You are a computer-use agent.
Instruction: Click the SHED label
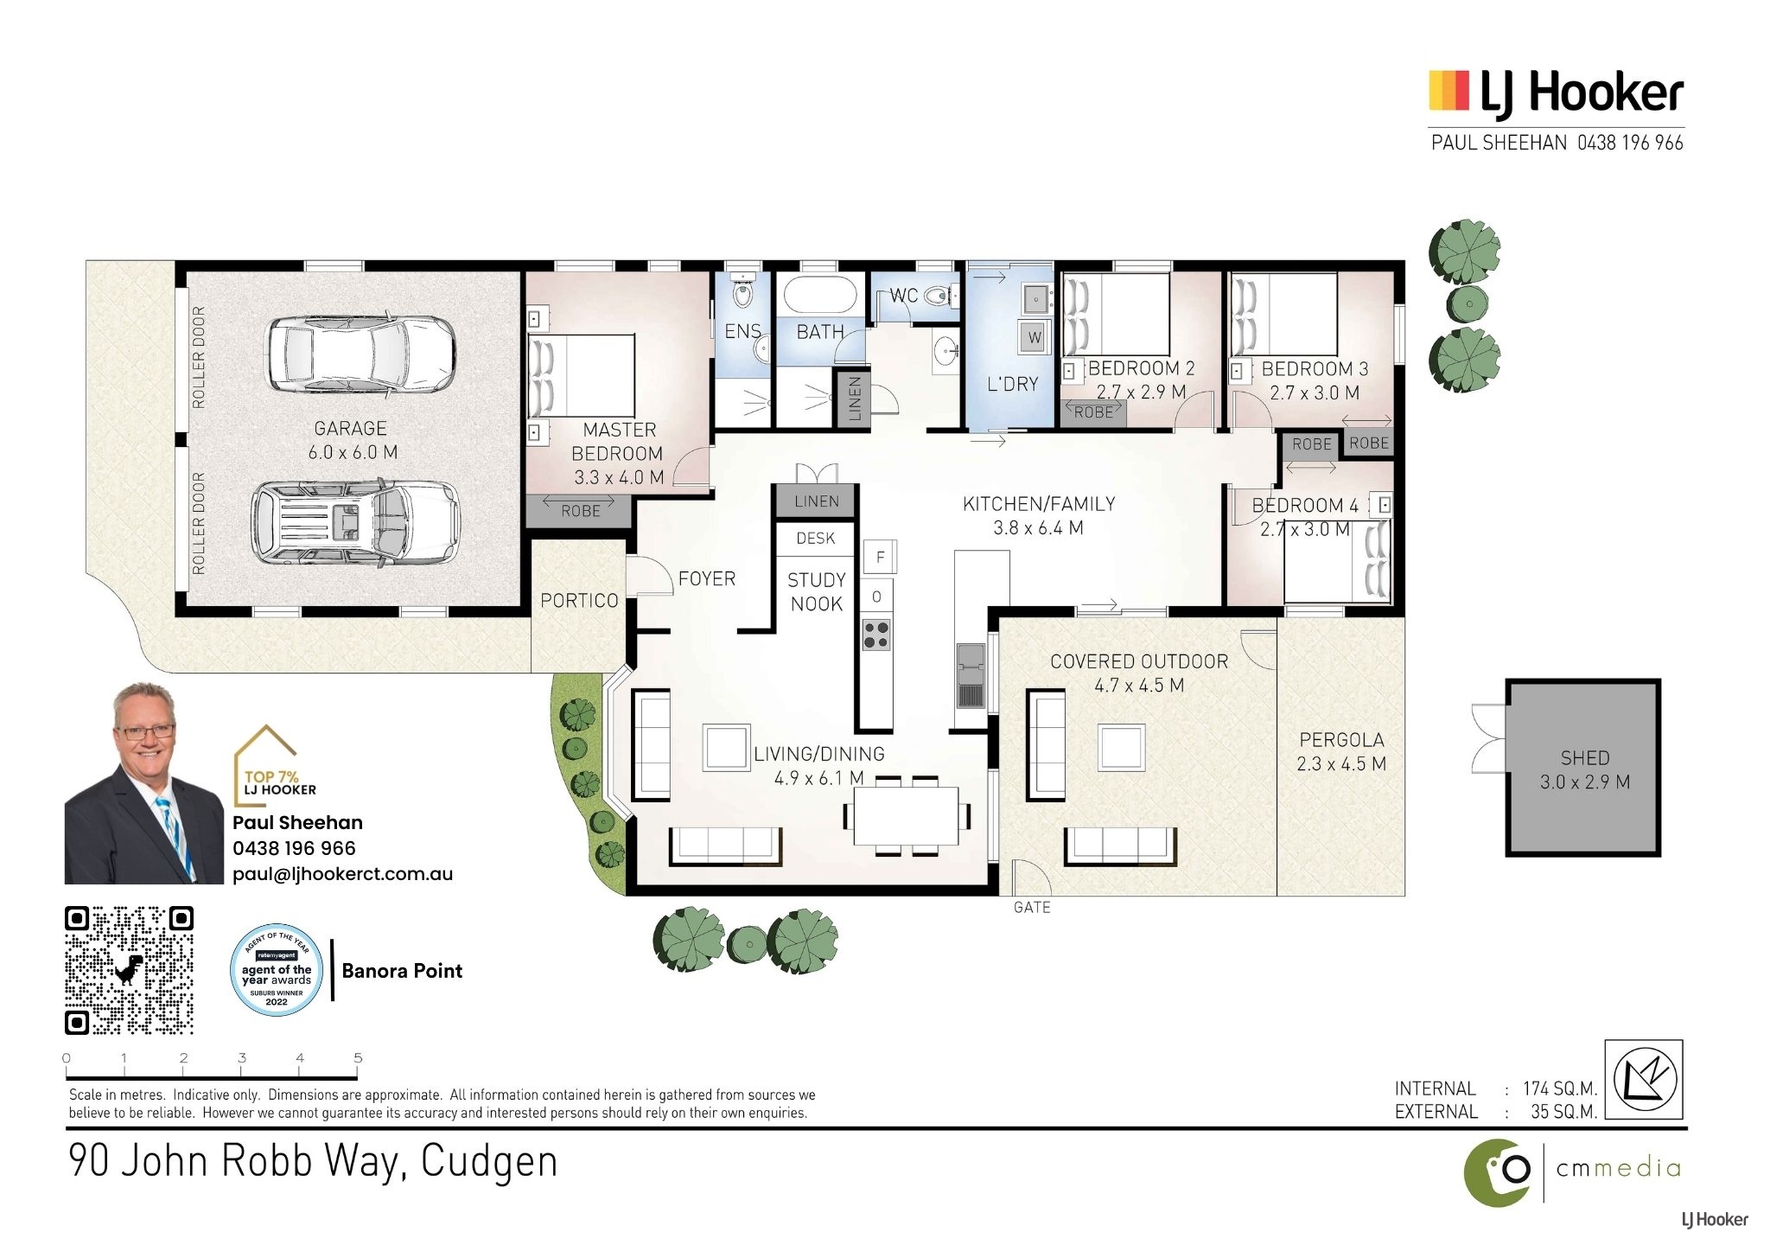1584,758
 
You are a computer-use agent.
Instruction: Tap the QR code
130,970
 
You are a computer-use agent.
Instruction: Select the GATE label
1032,907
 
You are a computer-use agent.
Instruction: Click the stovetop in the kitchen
876,635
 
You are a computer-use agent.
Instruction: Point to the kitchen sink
970,675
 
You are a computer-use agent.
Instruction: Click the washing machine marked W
1035,337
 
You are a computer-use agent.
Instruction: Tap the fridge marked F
880,557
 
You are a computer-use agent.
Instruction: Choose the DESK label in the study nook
816,538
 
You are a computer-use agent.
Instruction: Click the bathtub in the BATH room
820,294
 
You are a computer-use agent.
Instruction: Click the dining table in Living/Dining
906,815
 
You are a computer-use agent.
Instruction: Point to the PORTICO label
579,600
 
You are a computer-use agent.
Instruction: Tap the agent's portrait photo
143,783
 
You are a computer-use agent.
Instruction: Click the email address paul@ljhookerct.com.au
342,874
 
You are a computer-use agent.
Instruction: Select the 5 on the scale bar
358,1057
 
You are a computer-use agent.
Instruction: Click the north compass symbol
1644,1079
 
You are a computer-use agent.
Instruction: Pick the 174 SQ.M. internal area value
1560,1088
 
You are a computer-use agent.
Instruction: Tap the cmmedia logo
1572,1171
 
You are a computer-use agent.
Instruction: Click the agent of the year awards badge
277,969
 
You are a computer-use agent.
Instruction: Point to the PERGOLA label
1341,740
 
